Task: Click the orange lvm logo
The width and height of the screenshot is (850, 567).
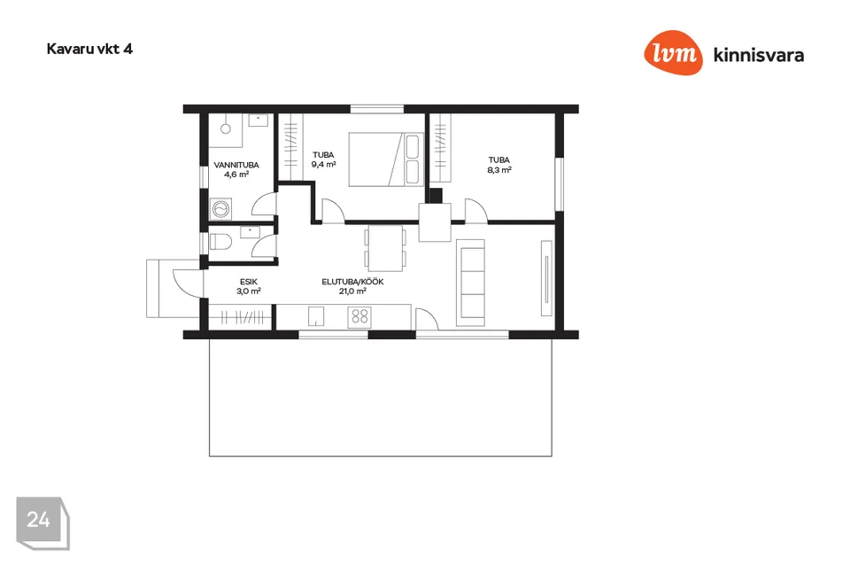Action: tap(673, 52)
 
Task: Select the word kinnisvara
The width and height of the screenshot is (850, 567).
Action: tap(759, 55)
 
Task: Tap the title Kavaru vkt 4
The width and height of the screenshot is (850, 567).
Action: tap(89, 49)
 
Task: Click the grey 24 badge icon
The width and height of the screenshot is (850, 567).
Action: tap(42, 523)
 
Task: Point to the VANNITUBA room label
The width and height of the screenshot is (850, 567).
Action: tap(236, 165)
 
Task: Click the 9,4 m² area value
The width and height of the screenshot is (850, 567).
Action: tap(324, 165)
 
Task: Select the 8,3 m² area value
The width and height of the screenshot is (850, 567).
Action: tap(499, 170)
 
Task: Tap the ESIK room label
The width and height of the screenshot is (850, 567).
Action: tap(249, 282)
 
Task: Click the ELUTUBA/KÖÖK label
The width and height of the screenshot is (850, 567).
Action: tap(353, 282)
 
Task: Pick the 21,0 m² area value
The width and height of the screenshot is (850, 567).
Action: tap(352, 291)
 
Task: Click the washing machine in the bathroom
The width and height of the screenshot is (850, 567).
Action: tap(220, 209)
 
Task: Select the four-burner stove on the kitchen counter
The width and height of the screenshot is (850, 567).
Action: tap(360, 316)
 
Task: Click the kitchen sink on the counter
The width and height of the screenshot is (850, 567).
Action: tap(316, 316)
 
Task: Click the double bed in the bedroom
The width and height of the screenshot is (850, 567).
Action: tap(386, 159)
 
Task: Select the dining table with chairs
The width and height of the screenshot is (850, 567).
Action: tap(385, 248)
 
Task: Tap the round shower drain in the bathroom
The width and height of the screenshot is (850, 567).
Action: tap(226, 128)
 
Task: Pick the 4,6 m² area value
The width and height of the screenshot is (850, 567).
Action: tap(236, 175)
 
